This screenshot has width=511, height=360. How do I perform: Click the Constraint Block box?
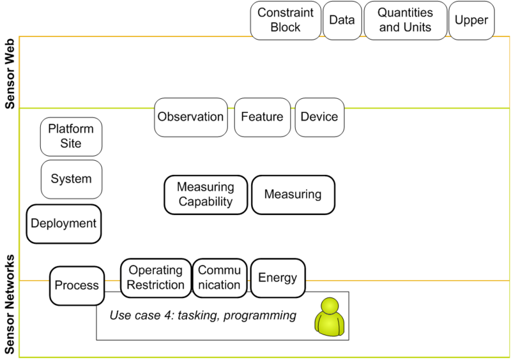pyautogui.click(x=285, y=20)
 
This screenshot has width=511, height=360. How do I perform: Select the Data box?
pyautogui.click(x=342, y=20)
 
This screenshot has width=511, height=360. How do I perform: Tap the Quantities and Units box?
pyautogui.click(x=405, y=20)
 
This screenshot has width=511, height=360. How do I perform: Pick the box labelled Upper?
pyautogui.click(x=471, y=20)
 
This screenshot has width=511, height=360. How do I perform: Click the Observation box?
pyautogui.click(x=190, y=117)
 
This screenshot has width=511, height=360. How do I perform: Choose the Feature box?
pyautogui.click(x=262, y=117)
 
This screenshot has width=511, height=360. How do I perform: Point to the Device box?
pyautogui.click(x=319, y=117)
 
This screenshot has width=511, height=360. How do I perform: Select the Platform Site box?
pyautogui.click(x=71, y=136)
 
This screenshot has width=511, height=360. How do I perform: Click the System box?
pyautogui.click(x=71, y=179)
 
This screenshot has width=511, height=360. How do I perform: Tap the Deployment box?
pyautogui.click(x=64, y=223)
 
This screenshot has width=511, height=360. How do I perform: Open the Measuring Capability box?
pyautogui.click(x=206, y=195)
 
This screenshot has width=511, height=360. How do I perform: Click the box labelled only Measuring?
pyautogui.click(x=293, y=195)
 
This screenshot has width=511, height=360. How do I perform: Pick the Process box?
pyautogui.click(x=77, y=285)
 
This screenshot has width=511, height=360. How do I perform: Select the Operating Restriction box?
pyautogui.click(x=156, y=278)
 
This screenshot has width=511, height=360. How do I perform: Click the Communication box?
pyautogui.click(x=219, y=278)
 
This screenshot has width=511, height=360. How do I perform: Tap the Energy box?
pyautogui.click(x=277, y=278)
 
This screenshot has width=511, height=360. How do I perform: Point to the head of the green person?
pyautogui.click(x=330, y=306)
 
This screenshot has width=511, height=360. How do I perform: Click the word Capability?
pyautogui.click(x=206, y=202)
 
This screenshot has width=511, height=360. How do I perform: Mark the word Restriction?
pyautogui.click(x=156, y=285)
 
